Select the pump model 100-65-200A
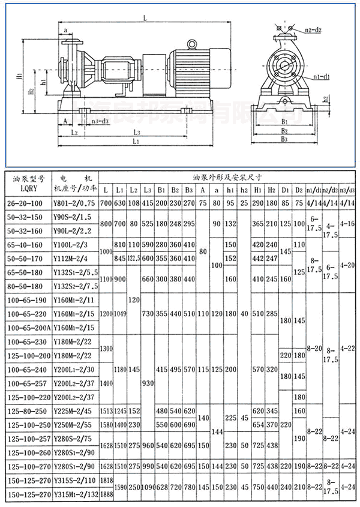(29, 327)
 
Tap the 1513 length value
(108, 410)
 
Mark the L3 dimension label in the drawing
(137, 131)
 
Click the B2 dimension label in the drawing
(286, 130)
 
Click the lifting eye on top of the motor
(191, 44)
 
